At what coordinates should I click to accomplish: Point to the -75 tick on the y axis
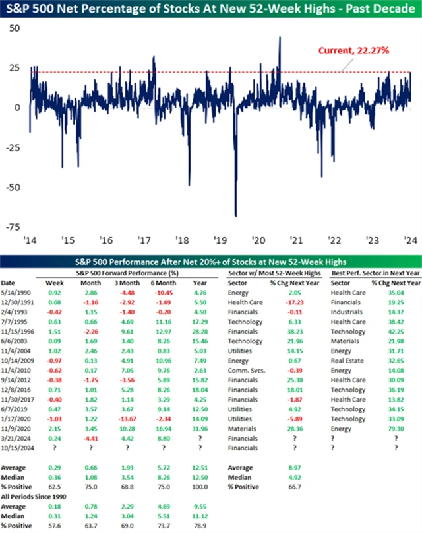click(13, 227)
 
